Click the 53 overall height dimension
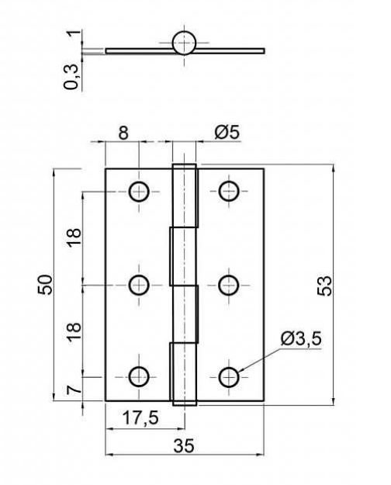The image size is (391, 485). pos(324,286)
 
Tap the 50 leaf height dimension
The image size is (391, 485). pos(46,284)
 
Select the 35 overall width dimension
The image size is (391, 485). pos(184,445)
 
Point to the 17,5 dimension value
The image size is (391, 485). pos(140,417)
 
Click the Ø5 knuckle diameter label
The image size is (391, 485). pos(227,133)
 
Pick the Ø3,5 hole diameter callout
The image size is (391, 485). pos(301,338)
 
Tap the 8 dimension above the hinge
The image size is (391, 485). pos(123,133)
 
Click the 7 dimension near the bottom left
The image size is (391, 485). pos(74,390)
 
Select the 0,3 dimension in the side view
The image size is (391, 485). pos(71,77)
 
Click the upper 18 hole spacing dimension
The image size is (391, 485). pos(74,237)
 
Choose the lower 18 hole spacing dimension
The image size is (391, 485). pos(74,331)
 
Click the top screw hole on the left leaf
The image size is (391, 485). pos(139,192)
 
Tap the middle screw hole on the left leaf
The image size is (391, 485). pos(139,285)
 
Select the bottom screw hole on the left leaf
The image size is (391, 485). pos(139,376)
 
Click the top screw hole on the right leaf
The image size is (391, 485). pos(229,191)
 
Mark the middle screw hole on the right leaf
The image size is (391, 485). pos(229,285)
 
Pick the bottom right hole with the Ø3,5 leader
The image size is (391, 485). pos(229,377)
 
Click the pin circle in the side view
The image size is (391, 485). pos(184,43)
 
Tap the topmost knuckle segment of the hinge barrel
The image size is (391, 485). pos(185,196)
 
